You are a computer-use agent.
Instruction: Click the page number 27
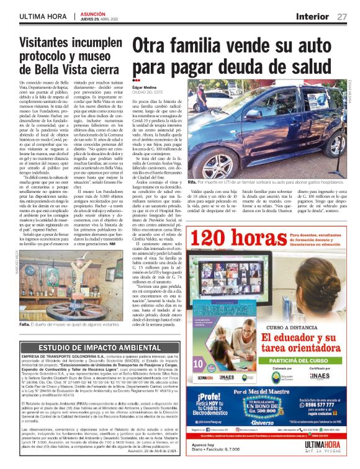pos(342,16)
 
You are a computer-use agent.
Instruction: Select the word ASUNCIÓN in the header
pos(96,13)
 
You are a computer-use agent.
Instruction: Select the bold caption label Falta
pos(26,324)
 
